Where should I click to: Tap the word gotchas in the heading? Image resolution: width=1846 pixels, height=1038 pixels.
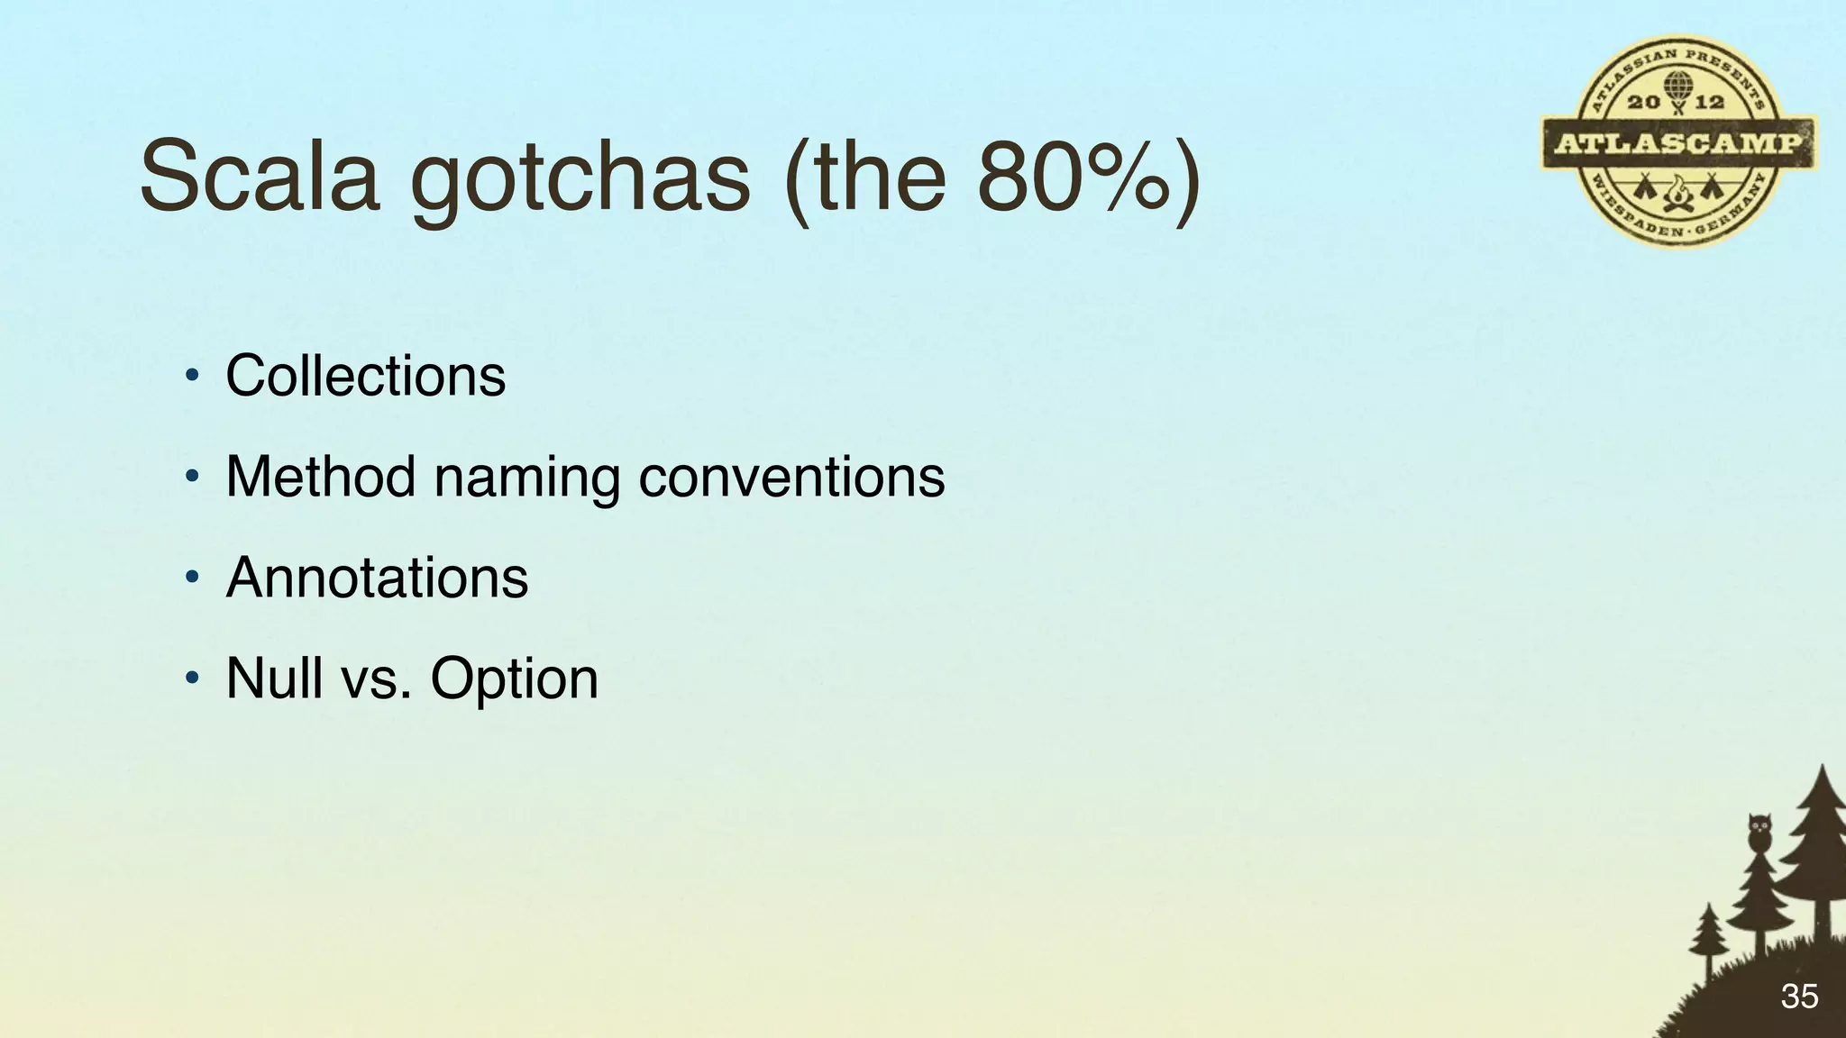(580, 178)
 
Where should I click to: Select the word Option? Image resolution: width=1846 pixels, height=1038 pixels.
(514, 680)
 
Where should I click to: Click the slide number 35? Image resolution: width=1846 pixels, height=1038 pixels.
(1799, 997)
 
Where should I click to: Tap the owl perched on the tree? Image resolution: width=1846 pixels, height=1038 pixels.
(1759, 831)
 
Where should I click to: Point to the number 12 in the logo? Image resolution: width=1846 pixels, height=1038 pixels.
(1709, 103)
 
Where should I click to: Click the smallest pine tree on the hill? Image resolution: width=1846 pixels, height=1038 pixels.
(1707, 937)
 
